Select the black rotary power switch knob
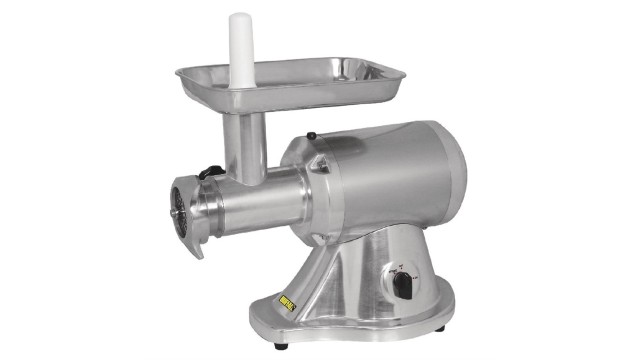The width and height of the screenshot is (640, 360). coord(401,285)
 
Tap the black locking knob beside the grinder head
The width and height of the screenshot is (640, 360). coord(209,172)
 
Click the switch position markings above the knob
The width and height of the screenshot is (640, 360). coord(400,265)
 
